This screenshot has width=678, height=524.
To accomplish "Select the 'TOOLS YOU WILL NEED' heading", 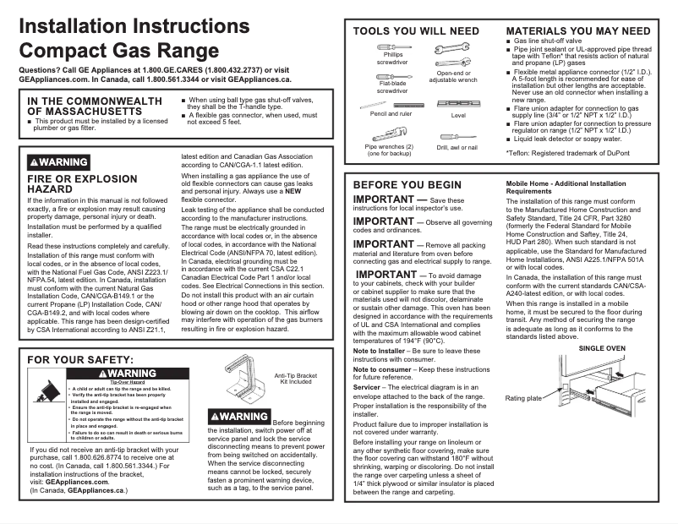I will (x=416, y=30).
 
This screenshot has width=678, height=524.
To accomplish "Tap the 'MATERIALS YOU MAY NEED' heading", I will (x=577, y=30).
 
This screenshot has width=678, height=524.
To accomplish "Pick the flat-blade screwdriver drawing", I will (x=391, y=76).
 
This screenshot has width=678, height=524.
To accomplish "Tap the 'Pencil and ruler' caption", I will (x=391, y=113).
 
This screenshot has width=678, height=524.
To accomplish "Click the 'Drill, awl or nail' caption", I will (x=457, y=147).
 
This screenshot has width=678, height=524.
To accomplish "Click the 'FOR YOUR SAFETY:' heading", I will (x=77, y=360).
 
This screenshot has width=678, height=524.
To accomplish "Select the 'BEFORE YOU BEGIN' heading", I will (x=407, y=184).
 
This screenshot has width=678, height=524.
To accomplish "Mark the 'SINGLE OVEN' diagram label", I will (x=602, y=348).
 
